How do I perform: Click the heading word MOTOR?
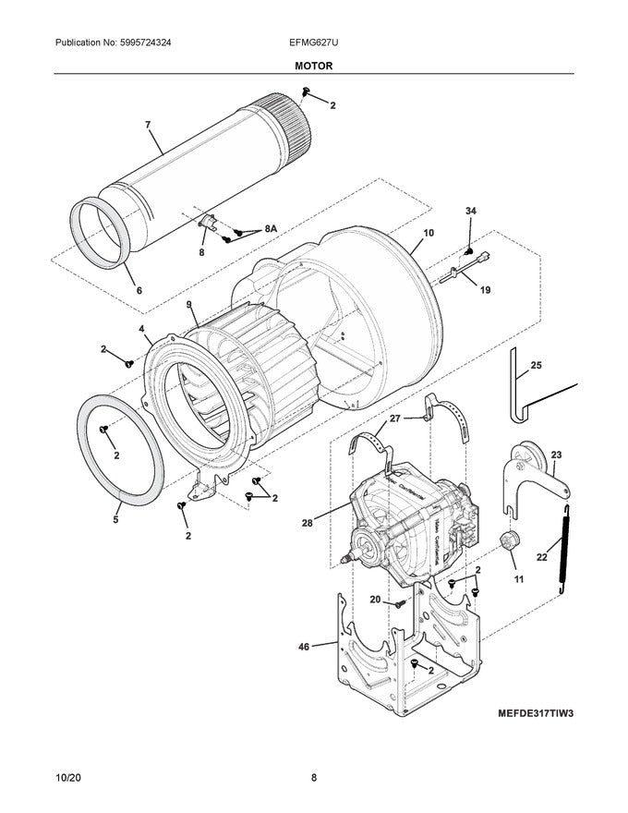(x=313, y=67)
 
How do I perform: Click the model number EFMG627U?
(x=313, y=43)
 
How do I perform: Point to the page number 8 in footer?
(x=313, y=778)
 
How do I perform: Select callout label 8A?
(x=270, y=228)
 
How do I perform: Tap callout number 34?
(x=471, y=212)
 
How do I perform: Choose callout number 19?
(x=485, y=289)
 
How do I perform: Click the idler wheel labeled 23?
(x=533, y=461)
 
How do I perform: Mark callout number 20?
(x=375, y=600)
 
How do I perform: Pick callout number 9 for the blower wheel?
(x=188, y=304)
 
